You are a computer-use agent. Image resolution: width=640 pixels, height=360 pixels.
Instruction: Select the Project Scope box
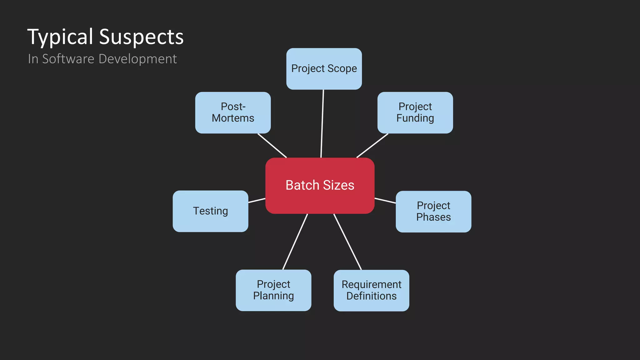324,69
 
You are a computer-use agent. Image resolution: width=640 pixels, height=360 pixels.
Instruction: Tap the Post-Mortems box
233,112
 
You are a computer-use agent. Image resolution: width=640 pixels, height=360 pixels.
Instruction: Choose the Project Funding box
415,112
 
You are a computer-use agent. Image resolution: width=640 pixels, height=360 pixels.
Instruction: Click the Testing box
210,211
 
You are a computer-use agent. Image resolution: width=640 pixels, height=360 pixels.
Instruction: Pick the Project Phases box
433,212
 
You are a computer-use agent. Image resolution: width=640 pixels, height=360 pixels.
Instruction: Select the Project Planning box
273,290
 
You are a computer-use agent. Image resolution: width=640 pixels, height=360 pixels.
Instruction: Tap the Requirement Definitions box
371,290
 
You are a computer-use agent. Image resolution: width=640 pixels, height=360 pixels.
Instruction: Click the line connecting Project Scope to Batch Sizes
322,124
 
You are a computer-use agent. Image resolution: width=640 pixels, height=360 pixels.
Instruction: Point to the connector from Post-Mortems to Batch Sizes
272,146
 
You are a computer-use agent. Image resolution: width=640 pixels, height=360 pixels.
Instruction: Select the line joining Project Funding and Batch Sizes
372,146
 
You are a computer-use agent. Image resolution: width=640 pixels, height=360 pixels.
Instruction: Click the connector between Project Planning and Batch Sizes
295,242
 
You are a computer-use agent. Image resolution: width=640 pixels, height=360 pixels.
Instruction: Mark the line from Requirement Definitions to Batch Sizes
347,242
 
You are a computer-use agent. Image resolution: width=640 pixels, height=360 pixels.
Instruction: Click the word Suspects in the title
141,37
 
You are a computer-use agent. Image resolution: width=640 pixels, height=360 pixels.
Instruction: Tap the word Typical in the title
60,37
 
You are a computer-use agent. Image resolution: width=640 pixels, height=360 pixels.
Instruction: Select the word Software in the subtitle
68,59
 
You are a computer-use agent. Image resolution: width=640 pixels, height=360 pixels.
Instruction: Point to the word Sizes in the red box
338,185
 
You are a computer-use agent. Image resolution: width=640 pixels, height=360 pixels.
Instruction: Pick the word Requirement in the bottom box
371,284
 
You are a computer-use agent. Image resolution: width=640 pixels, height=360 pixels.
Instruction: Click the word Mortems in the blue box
233,118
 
